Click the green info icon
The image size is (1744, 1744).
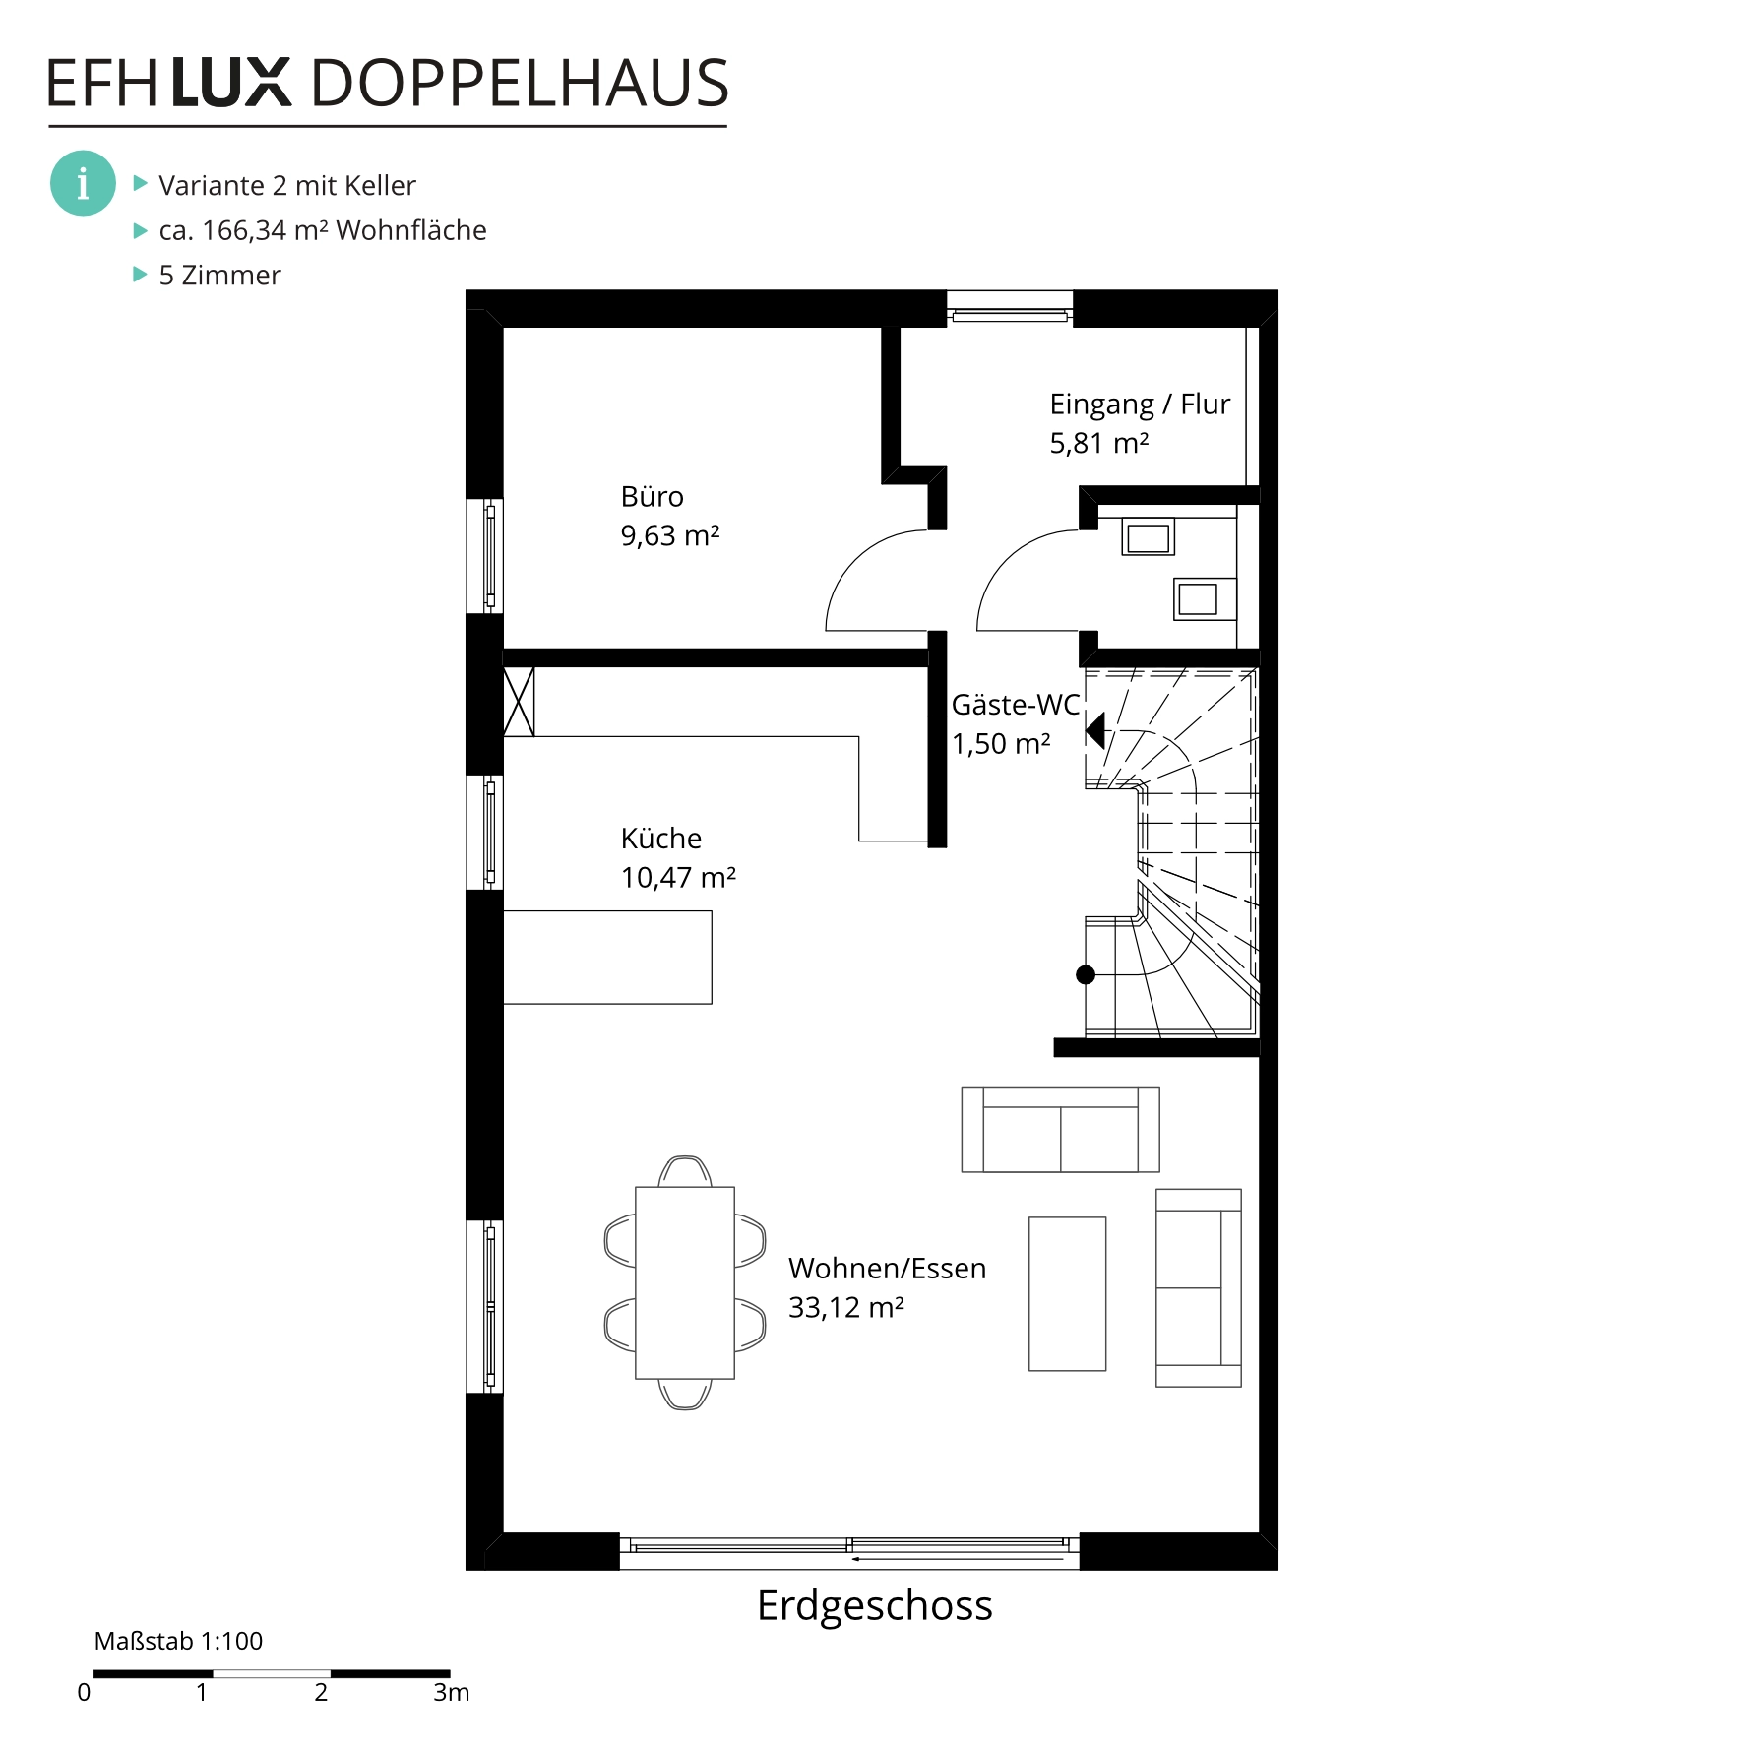click(83, 183)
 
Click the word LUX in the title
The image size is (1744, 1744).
click(232, 83)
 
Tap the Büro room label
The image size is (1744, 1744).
click(652, 497)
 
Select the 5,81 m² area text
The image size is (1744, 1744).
click(1099, 443)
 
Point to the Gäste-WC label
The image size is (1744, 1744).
click(1016, 705)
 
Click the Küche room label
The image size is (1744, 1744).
click(661, 839)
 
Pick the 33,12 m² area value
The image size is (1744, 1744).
click(846, 1308)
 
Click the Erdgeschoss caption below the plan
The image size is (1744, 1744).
click(875, 1606)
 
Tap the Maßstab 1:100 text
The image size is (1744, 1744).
click(178, 1641)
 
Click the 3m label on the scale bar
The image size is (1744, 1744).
click(452, 1692)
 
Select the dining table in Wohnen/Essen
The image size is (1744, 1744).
click(685, 1282)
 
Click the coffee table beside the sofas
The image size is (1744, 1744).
click(1068, 1294)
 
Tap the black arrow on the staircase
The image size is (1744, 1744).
click(1095, 730)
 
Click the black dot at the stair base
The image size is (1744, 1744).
click(1086, 975)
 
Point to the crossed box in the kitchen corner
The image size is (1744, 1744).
click(519, 702)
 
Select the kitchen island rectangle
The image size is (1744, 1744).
click(607, 958)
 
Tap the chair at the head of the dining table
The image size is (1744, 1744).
click(685, 1171)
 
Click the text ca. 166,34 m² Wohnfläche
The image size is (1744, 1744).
click(323, 230)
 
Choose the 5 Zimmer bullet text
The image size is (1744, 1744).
click(219, 276)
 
